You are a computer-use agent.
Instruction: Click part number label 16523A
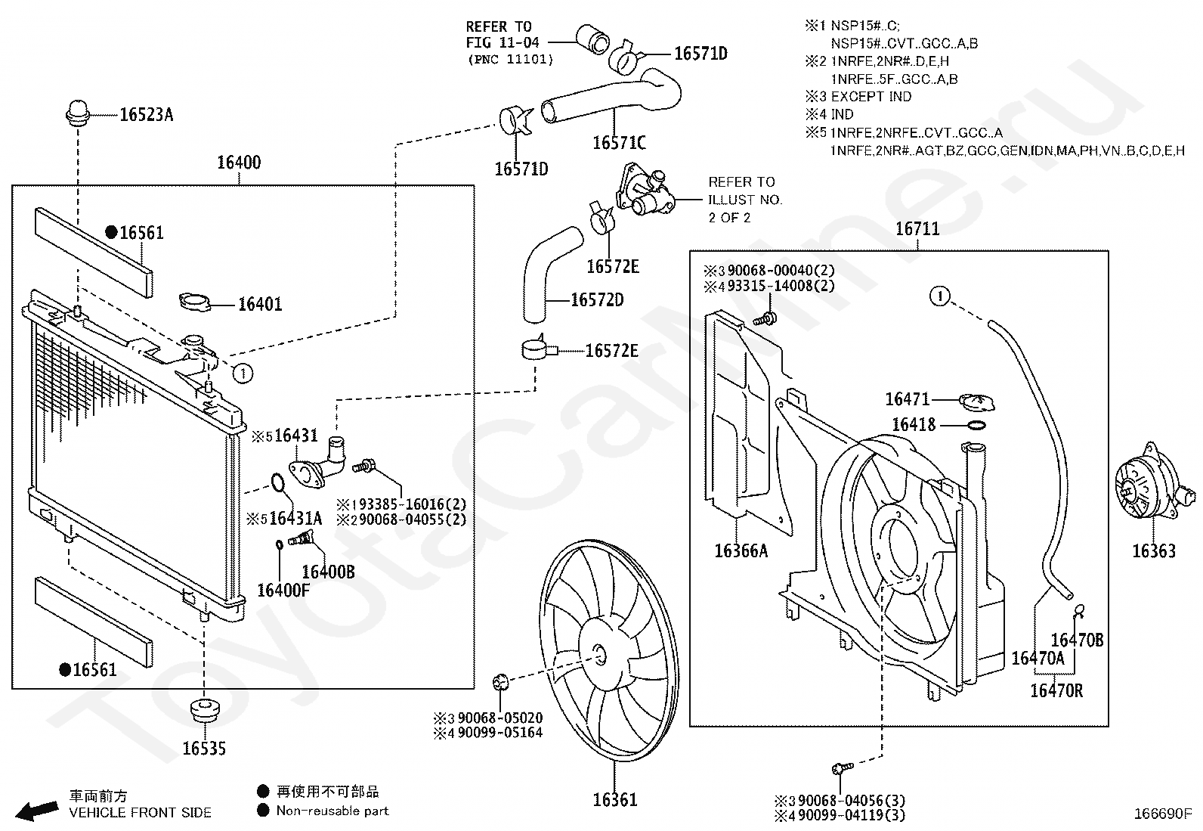pyautogui.click(x=146, y=114)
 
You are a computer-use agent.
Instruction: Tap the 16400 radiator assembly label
pyautogui.click(x=239, y=163)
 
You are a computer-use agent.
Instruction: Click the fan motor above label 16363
pyautogui.click(x=1154, y=482)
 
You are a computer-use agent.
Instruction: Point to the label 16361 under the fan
pyautogui.click(x=615, y=800)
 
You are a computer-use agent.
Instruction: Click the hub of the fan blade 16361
pyautogui.click(x=600, y=656)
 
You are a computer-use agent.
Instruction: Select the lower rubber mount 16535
pyautogui.click(x=204, y=712)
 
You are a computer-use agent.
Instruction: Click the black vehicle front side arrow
pyautogui.click(x=36, y=811)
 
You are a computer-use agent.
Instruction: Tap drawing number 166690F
pyautogui.click(x=1163, y=814)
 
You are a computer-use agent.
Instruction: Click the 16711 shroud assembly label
pyautogui.click(x=917, y=229)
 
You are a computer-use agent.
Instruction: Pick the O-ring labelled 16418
pyautogui.click(x=976, y=426)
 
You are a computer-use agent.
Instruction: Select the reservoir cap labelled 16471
pyautogui.click(x=976, y=402)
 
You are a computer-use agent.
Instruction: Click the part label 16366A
pyautogui.click(x=741, y=551)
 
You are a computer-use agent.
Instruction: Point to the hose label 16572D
pyautogui.click(x=597, y=300)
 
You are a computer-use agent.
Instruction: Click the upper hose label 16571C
pyautogui.click(x=619, y=143)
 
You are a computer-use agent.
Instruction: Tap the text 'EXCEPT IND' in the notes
pyautogui.click(x=871, y=97)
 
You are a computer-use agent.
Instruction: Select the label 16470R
pyautogui.click(x=1056, y=690)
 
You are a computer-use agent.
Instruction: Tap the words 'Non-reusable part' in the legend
pyautogui.click(x=332, y=811)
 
